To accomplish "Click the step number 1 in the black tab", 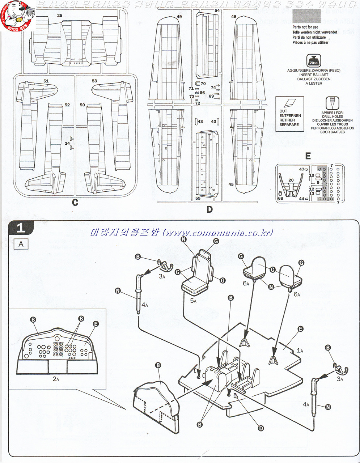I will [21, 228].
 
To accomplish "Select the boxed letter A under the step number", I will [21, 244].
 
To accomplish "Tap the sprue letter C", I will [75, 202].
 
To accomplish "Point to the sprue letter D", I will [209, 209].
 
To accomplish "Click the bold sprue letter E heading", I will [308, 156].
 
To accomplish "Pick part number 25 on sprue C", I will [60, 15].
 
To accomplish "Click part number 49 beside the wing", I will [179, 17].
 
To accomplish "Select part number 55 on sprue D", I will [198, 198].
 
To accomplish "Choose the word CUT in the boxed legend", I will [283, 111].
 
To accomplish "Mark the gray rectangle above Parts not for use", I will [306, 16].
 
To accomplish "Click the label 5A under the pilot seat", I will [193, 301].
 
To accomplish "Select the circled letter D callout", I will [261, 428].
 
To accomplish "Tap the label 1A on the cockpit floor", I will [300, 350].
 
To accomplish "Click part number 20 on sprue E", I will [291, 180].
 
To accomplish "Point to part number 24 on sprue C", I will [67, 143].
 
